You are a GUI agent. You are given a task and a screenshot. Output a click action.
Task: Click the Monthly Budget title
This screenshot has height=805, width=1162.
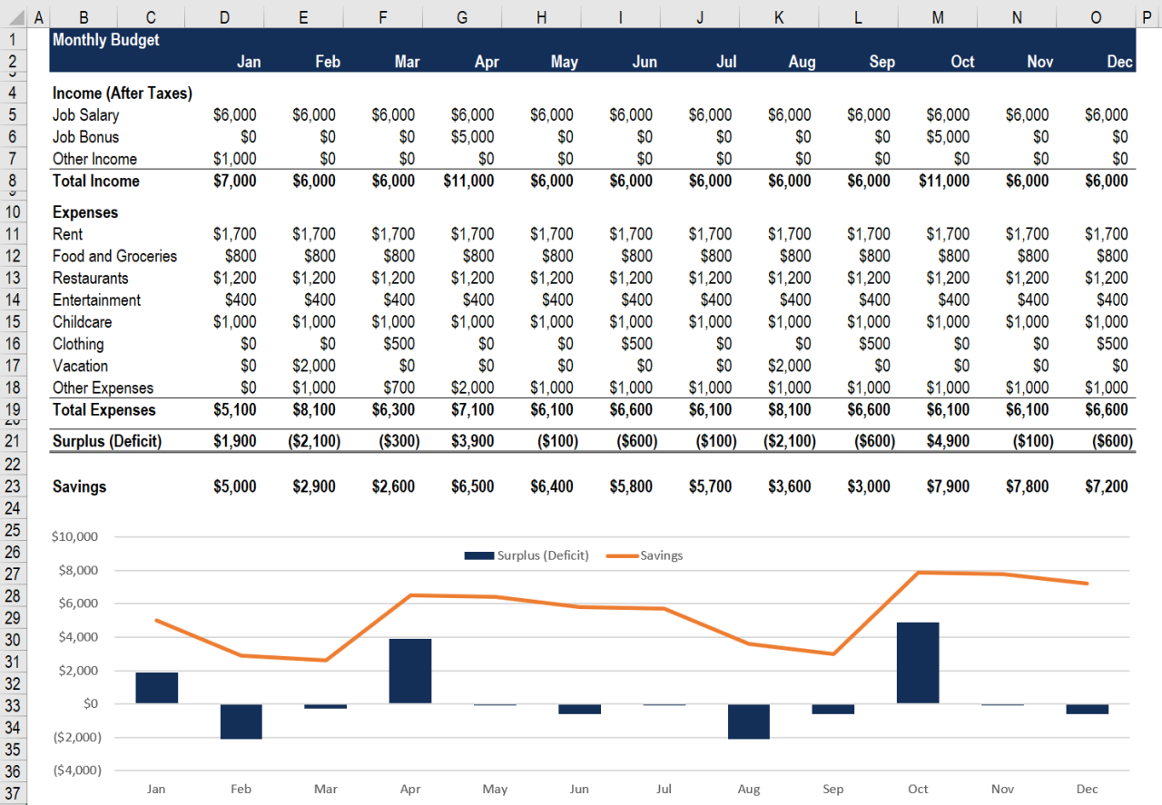click(x=105, y=40)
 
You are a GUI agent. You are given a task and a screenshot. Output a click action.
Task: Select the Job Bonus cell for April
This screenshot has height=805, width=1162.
click(x=472, y=137)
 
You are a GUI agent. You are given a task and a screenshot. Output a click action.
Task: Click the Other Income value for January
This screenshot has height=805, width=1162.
click(x=234, y=159)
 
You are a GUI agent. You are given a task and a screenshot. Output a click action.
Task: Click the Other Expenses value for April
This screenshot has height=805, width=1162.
click(x=472, y=388)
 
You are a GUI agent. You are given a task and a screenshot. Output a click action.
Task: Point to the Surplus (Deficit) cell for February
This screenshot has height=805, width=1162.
click(x=313, y=441)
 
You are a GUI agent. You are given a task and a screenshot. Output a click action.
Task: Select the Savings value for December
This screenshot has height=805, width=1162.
click(x=1106, y=486)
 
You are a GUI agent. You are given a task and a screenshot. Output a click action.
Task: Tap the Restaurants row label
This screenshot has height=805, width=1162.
click(x=90, y=279)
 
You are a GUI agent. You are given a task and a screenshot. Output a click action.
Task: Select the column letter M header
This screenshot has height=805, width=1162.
click(x=938, y=17)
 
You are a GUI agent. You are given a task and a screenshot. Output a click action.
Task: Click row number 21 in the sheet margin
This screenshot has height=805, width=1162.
click(x=12, y=441)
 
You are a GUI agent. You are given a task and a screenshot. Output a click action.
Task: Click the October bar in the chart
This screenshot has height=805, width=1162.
click(x=918, y=663)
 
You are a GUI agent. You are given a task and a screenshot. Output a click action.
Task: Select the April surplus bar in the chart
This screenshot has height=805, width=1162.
click(x=410, y=671)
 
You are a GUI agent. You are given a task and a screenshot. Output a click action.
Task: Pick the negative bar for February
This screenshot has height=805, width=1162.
click(x=241, y=721)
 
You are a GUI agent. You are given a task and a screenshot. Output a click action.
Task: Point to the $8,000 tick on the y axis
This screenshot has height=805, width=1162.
click(x=78, y=570)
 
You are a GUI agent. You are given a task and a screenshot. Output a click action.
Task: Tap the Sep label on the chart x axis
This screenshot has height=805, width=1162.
click(x=832, y=789)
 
